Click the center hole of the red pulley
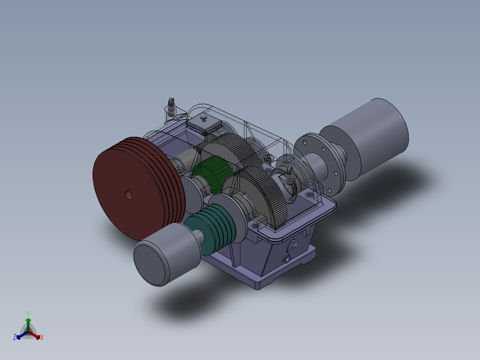click(x=128, y=195)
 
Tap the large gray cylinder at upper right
click(x=370, y=134)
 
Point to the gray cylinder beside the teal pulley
click(x=165, y=254)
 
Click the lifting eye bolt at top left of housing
click(x=171, y=107)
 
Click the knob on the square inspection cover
click(x=203, y=118)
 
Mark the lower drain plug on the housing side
click(x=286, y=259)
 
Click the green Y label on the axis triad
click(x=28, y=313)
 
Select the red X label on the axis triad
click(x=41, y=337)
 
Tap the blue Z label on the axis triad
click(x=15, y=337)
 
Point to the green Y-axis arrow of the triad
click(x=28, y=323)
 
